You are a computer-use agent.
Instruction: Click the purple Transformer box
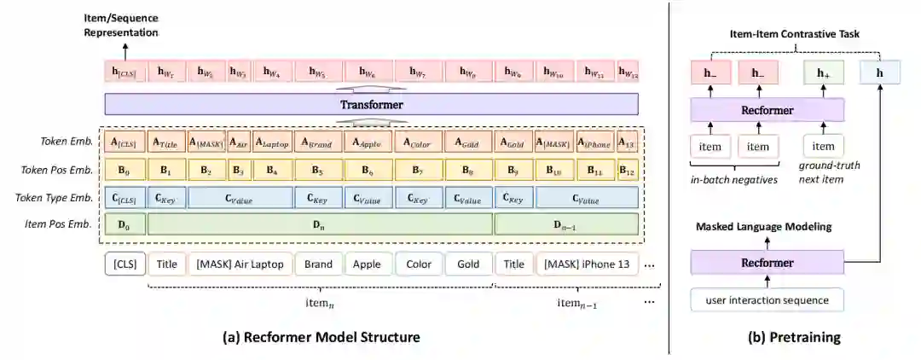(x=371, y=105)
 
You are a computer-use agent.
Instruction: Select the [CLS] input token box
(x=125, y=264)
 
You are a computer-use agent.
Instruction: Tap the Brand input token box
(x=318, y=264)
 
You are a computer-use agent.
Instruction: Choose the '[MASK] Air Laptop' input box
(x=240, y=264)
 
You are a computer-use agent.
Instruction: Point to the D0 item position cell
(x=125, y=224)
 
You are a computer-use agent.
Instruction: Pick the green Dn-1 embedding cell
(x=566, y=224)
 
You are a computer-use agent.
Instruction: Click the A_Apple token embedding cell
(x=369, y=142)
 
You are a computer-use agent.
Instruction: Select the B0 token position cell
(x=125, y=170)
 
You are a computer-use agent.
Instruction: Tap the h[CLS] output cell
(x=125, y=73)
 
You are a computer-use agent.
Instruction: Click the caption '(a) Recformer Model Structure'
(x=321, y=337)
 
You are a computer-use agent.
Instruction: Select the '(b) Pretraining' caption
(x=794, y=337)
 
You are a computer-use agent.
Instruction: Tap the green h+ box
(x=823, y=73)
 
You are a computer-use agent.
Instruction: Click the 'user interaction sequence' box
(x=767, y=300)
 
